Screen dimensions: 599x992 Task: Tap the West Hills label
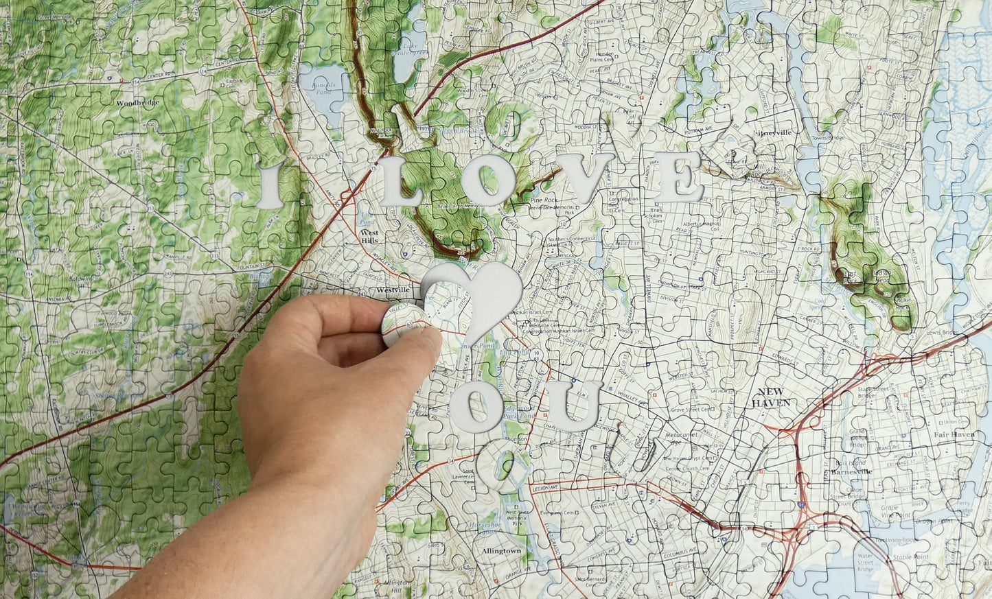tap(369, 236)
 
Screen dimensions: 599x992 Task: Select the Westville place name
tap(393, 291)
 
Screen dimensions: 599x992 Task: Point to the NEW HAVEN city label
tap(770, 398)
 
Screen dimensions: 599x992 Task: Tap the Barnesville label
tap(851, 472)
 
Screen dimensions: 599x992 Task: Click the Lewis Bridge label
tap(941, 332)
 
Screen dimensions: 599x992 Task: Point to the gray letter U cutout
tap(573, 406)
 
